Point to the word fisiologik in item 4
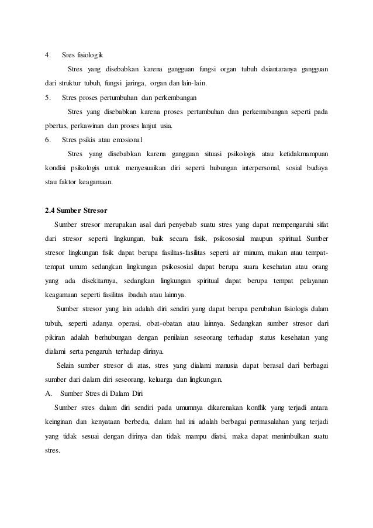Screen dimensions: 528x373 [x=89, y=56]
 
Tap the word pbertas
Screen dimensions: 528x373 [x=57, y=125]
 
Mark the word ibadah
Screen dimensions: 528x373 [x=134, y=294]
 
